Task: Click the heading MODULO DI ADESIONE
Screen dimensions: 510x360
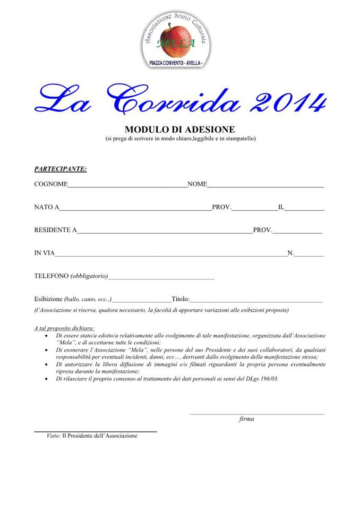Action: point(179,130)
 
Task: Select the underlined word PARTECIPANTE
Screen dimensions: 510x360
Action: point(60,169)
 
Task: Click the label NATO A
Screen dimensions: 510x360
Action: point(46,207)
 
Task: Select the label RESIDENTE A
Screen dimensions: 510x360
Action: point(55,230)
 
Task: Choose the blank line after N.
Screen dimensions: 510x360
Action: point(308,256)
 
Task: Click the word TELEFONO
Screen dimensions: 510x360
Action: point(51,276)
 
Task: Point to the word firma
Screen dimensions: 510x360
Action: point(246,419)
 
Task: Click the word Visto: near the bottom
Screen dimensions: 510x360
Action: point(53,436)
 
